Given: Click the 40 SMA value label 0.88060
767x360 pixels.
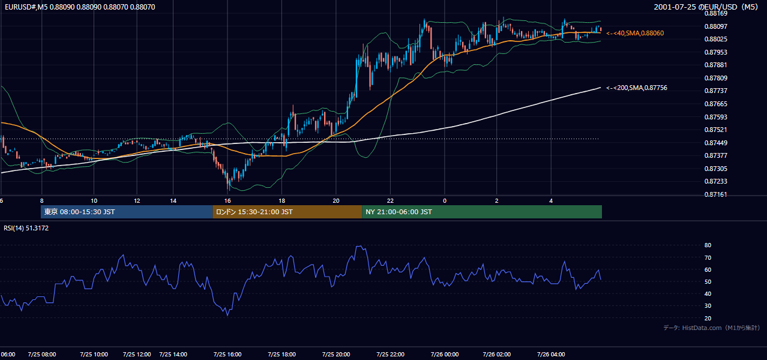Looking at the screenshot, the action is pyautogui.click(x=635, y=33).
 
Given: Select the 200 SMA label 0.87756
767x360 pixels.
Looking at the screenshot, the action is pyautogui.click(x=637, y=88).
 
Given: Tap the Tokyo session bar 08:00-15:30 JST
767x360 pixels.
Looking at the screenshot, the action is pyautogui.click(x=127, y=212).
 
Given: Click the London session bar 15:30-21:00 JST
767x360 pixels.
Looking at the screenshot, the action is pyautogui.click(x=287, y=212).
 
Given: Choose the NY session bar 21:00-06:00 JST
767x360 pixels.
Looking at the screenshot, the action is pyautogui.click(x=482, y=212).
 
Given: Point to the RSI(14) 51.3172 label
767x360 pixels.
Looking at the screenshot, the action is pyautogui.click(x=26, y=228).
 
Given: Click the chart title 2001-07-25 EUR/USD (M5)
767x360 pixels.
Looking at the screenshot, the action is pyautogui.click(x=706, y=7).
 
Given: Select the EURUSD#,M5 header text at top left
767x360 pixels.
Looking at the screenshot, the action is pyautogui.click(x=80, y=7).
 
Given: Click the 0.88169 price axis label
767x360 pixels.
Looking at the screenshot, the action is pyautogui.click(x=715, y=14).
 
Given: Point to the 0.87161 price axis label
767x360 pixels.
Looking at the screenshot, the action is pyautogui.click(x=715, y=194).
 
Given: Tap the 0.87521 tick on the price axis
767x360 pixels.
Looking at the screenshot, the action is pyautogui.click(x=715, y=130).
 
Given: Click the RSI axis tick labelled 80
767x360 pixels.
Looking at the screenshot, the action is pyautogui.click(x=708, y=245).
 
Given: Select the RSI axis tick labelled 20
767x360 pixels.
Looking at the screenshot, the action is pyautogui.click(x=708, y=318).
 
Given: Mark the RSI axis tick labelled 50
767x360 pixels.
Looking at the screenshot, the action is pyautogui.click(x=708, y=281).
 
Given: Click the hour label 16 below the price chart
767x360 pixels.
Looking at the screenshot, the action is pyautogui.click(x=227, y=201).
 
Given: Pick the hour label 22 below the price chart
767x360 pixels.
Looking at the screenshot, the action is pyautogui.click(x=390, y=201).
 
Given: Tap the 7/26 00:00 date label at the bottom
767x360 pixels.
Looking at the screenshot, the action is pyautogui.click(x=445, y=355).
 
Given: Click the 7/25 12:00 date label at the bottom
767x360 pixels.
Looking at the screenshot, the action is pyautogui.click(x=137, y=355).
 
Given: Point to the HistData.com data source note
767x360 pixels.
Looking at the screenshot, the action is pyautogui.click(x=712, y=328).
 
